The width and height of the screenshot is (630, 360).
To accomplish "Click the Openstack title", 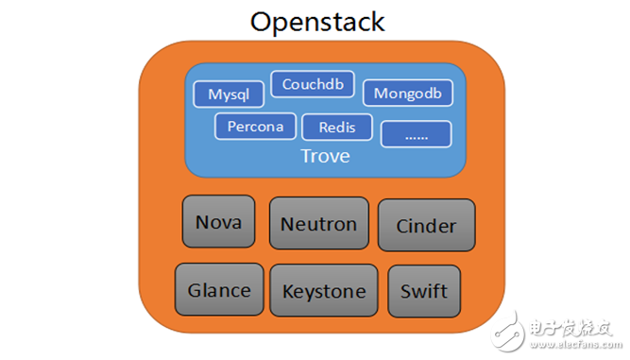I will pyautogui.click(x=317, y=22).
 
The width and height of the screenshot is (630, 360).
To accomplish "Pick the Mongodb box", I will pyautogui.click(x=407, y=93).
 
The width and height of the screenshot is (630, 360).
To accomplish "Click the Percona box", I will pyautogui.click(x=254, y=126).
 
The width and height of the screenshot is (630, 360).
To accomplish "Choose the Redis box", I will pyautogui.click(x=337, y=127).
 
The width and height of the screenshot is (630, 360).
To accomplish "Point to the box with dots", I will pyautogui.click(x=416, y=134).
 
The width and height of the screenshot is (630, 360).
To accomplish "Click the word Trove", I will pyautogui.click(x=324, y=156).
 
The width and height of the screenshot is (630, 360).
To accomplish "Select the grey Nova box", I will pyautogui.click(x=218, y=223).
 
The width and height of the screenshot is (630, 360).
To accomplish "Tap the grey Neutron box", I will pyautogui.click(x=318, y=224).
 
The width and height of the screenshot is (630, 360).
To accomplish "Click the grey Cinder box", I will pyautogui.click(x=426, y=226).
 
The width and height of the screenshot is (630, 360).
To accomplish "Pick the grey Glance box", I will pyautogui.click(x=219, y=289).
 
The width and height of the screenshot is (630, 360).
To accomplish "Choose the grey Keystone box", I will pyautogui.click(x=324, y=290).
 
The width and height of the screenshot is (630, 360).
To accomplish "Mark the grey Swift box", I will pyautogui.click(x=424, y=290).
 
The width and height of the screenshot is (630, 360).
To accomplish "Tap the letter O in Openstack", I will pyautogui.click(x=261, y=22).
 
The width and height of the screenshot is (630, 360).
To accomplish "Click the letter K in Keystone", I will pyautogui.click(x=287, y=290).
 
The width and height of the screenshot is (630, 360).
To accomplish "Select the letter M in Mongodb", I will pyautogui.click(x=380, y=93).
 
